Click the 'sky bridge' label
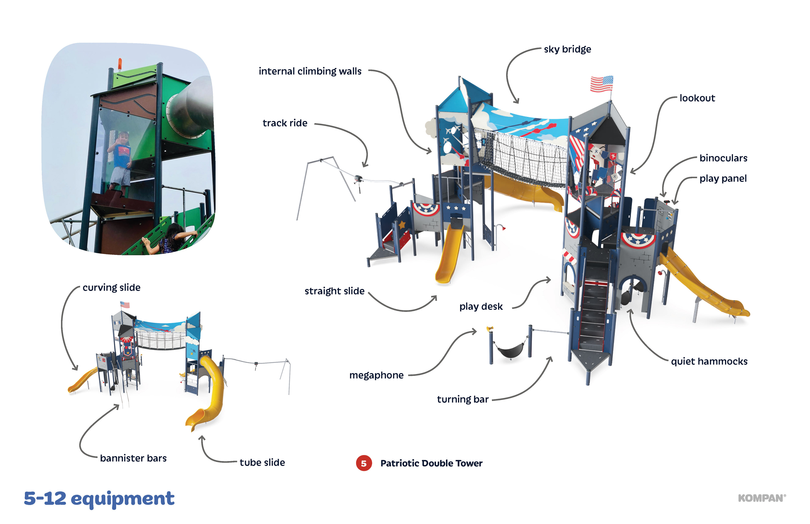(x=567, y=49)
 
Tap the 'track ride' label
(x=285, y=123)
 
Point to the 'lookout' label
(x=697, y=98)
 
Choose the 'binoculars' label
(x=723, y=158)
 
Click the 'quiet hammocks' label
(x=709, y=361)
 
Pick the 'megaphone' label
(x=376, y=375)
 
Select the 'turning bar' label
(x=463, y=399)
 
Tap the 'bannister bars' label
(x=133, y=458)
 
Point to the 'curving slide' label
(x=112, y=288)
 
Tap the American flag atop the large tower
(x=601, y=84)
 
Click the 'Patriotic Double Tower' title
(x=431, y=463)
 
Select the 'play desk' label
(x=481, y=307)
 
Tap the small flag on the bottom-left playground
(x=125, y=304)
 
